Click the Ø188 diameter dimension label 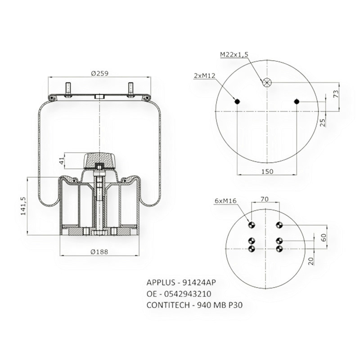tap(99, 252)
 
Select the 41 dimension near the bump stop tap(61, 159)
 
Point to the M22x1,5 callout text tap(234, 54)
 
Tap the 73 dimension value tap(335, 94)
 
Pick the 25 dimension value tap(322, 121)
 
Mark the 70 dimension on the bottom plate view tap(265, 198)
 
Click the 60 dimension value tap(323, 238)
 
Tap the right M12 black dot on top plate tap(297, 101)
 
